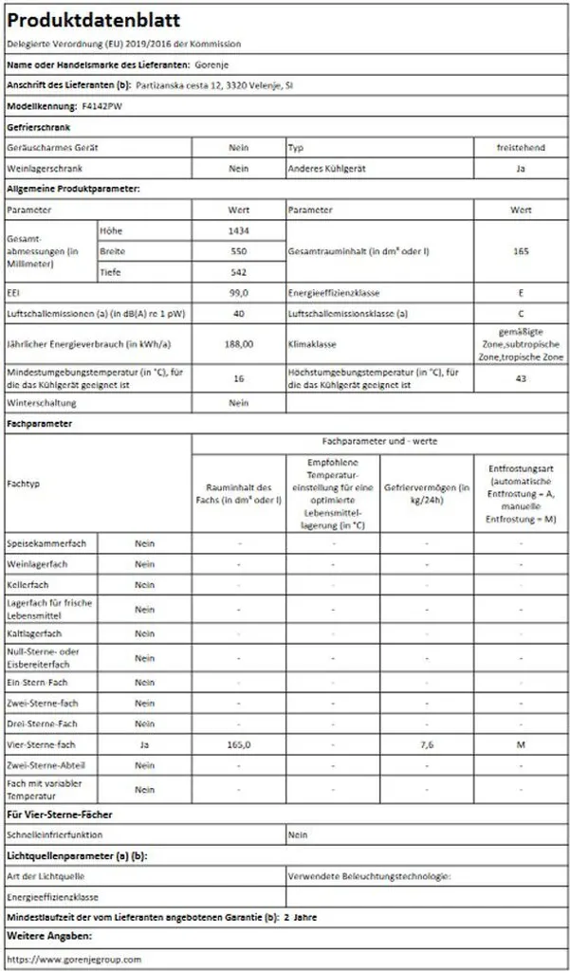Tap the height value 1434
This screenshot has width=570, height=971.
click(x=239, y=230)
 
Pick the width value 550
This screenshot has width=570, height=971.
click(x=239, y=251)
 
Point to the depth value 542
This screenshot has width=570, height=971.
click(x=239, y=272)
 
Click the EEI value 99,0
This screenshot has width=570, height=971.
click(x=239, y=294)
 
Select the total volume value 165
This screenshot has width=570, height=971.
click(x=521, y=251)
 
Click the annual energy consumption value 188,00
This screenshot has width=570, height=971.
click(x=239, y=343)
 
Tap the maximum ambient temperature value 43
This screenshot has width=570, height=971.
click(x=521, y=378)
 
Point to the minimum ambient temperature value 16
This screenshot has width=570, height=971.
click(x=239, y=378)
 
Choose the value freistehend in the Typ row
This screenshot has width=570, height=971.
click(x=521, y=148)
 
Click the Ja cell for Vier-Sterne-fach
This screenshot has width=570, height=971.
click(x=144, y=745)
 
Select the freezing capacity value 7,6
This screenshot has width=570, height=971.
click(x=427, y=745)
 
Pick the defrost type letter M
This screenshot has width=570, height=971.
click(x=521, y=745)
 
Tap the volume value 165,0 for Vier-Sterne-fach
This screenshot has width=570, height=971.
click(x=239, y=745)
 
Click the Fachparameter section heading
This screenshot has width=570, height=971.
click(x=40, y=424)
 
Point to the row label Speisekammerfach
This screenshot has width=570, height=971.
click(x=46, y=543)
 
